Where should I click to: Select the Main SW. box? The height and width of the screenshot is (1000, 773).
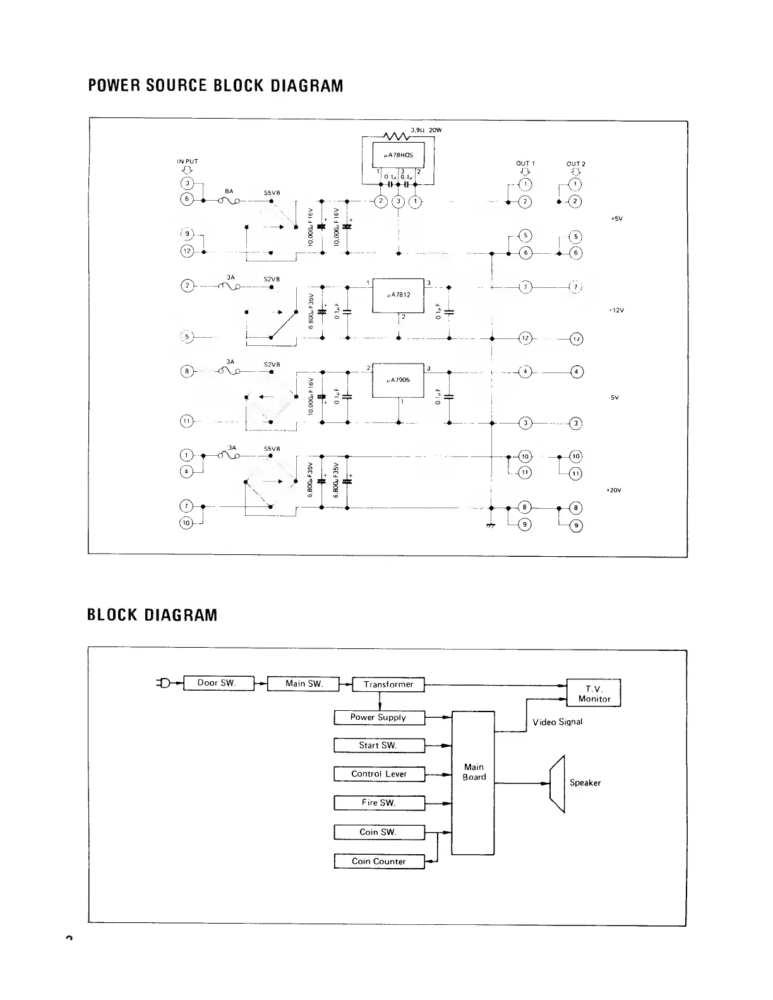tap(303, 684)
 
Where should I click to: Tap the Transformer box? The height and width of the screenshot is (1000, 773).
tap(388, 684)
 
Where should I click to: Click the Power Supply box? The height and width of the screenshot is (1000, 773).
tap(379, 717)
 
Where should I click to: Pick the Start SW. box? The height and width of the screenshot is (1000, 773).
tap(379, 746)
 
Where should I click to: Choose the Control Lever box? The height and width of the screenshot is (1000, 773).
tap(379, 774)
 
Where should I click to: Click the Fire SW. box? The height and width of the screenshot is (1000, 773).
tap(379, 803)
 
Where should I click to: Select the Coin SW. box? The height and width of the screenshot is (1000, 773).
tap(379, 832)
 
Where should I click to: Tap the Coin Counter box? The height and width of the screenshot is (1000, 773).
tap(379, 861)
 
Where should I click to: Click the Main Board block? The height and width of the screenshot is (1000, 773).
tap(474, 783)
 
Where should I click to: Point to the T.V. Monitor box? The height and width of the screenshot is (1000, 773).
tap(594, 693)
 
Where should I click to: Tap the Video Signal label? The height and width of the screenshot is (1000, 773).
tap(557, 722)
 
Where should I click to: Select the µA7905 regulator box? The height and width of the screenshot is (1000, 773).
tap(398, 380)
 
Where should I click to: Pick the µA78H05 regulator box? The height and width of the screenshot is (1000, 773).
tap(398, 155)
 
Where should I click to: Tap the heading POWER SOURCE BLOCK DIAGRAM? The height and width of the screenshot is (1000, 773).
tap(215, 86)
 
